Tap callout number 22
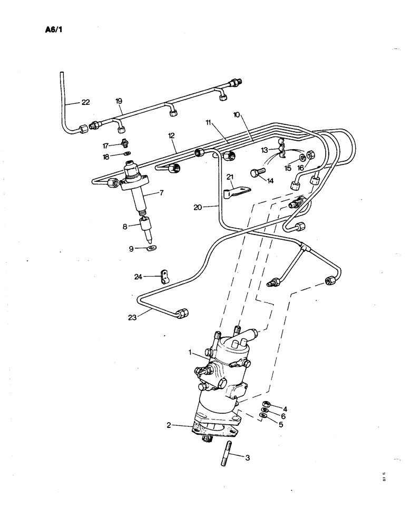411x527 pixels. point(85,102)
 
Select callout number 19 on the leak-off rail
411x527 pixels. point(119,100)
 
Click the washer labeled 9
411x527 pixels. point(152,248)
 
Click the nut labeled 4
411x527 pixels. point(267,404)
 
